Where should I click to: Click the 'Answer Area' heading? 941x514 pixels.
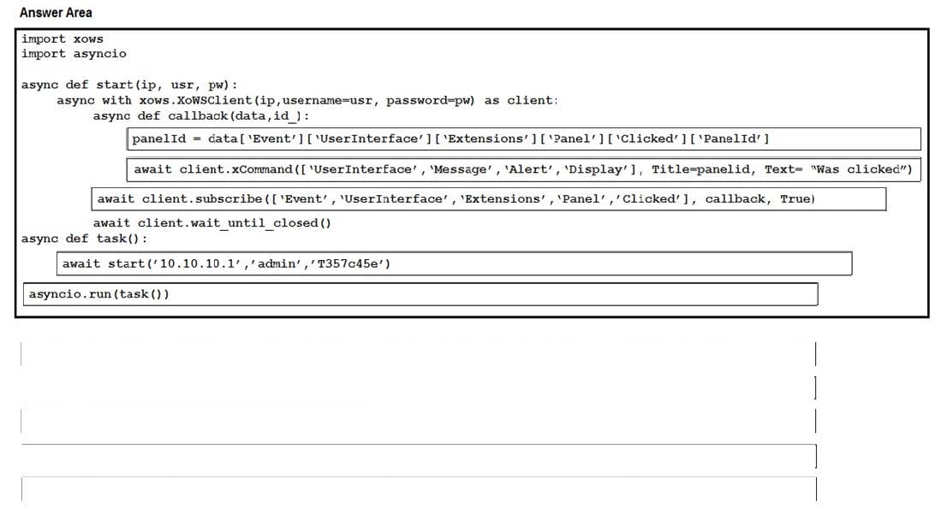tap(56, 13)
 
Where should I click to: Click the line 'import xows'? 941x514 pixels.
tap(62, 38)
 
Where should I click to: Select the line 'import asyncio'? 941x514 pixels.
tap(74, 54)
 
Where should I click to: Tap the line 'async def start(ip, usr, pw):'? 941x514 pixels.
tap(129, 85)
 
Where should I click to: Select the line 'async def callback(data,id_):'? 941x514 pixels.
tap(201, 115)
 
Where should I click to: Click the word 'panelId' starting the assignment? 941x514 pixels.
tap(159, 139)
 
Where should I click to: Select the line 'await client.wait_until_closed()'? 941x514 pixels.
tap(211, 223)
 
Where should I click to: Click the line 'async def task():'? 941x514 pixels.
tap(85, 238)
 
